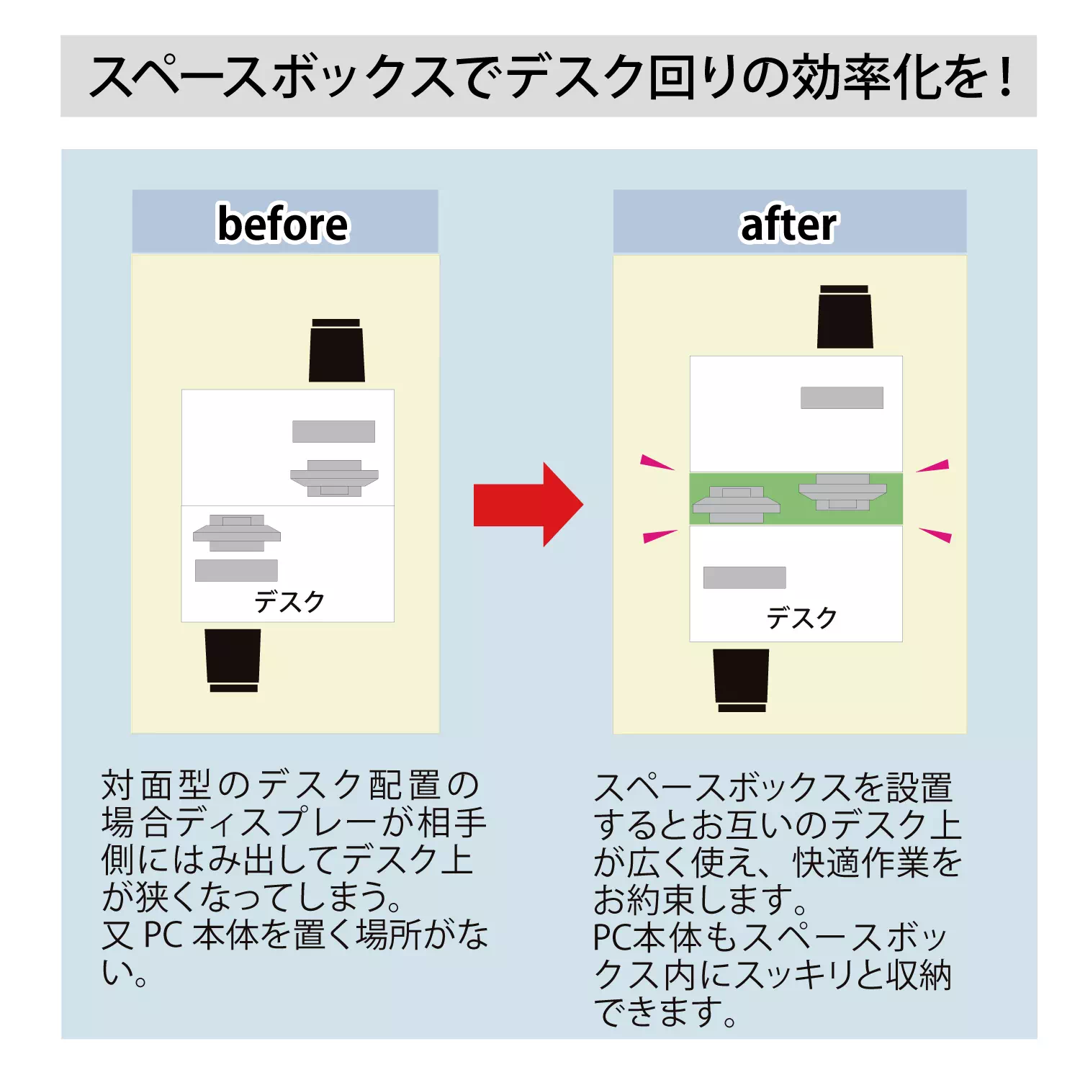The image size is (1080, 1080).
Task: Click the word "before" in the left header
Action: click(283, 224)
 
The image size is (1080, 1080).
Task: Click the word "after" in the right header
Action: click(789, 225)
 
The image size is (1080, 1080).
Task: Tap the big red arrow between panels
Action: click(528, 504)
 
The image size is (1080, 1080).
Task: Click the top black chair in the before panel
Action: click(336, 351)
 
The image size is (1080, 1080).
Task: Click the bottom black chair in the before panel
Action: click(233, 659)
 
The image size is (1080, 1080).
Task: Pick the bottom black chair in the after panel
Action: click(741, 679)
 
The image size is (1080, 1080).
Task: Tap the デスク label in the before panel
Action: click(289, 601)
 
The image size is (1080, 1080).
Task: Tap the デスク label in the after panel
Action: click(801, 618)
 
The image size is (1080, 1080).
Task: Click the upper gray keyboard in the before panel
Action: click(333, 431)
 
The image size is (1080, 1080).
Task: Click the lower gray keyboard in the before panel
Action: click(236, 570)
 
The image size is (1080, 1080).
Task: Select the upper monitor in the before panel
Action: click(334, 477)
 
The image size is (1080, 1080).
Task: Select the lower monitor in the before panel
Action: click(236, 533)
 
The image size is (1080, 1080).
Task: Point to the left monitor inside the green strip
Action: click(736, 504)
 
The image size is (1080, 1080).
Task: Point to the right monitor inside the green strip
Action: click(842, 491)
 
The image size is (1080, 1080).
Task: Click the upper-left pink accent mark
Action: click(656, 462)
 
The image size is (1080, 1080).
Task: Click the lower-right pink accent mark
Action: click(936, 535)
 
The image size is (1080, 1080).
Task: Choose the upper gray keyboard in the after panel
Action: click(842, 397)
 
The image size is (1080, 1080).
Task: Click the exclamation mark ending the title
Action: click(1006, 76)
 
